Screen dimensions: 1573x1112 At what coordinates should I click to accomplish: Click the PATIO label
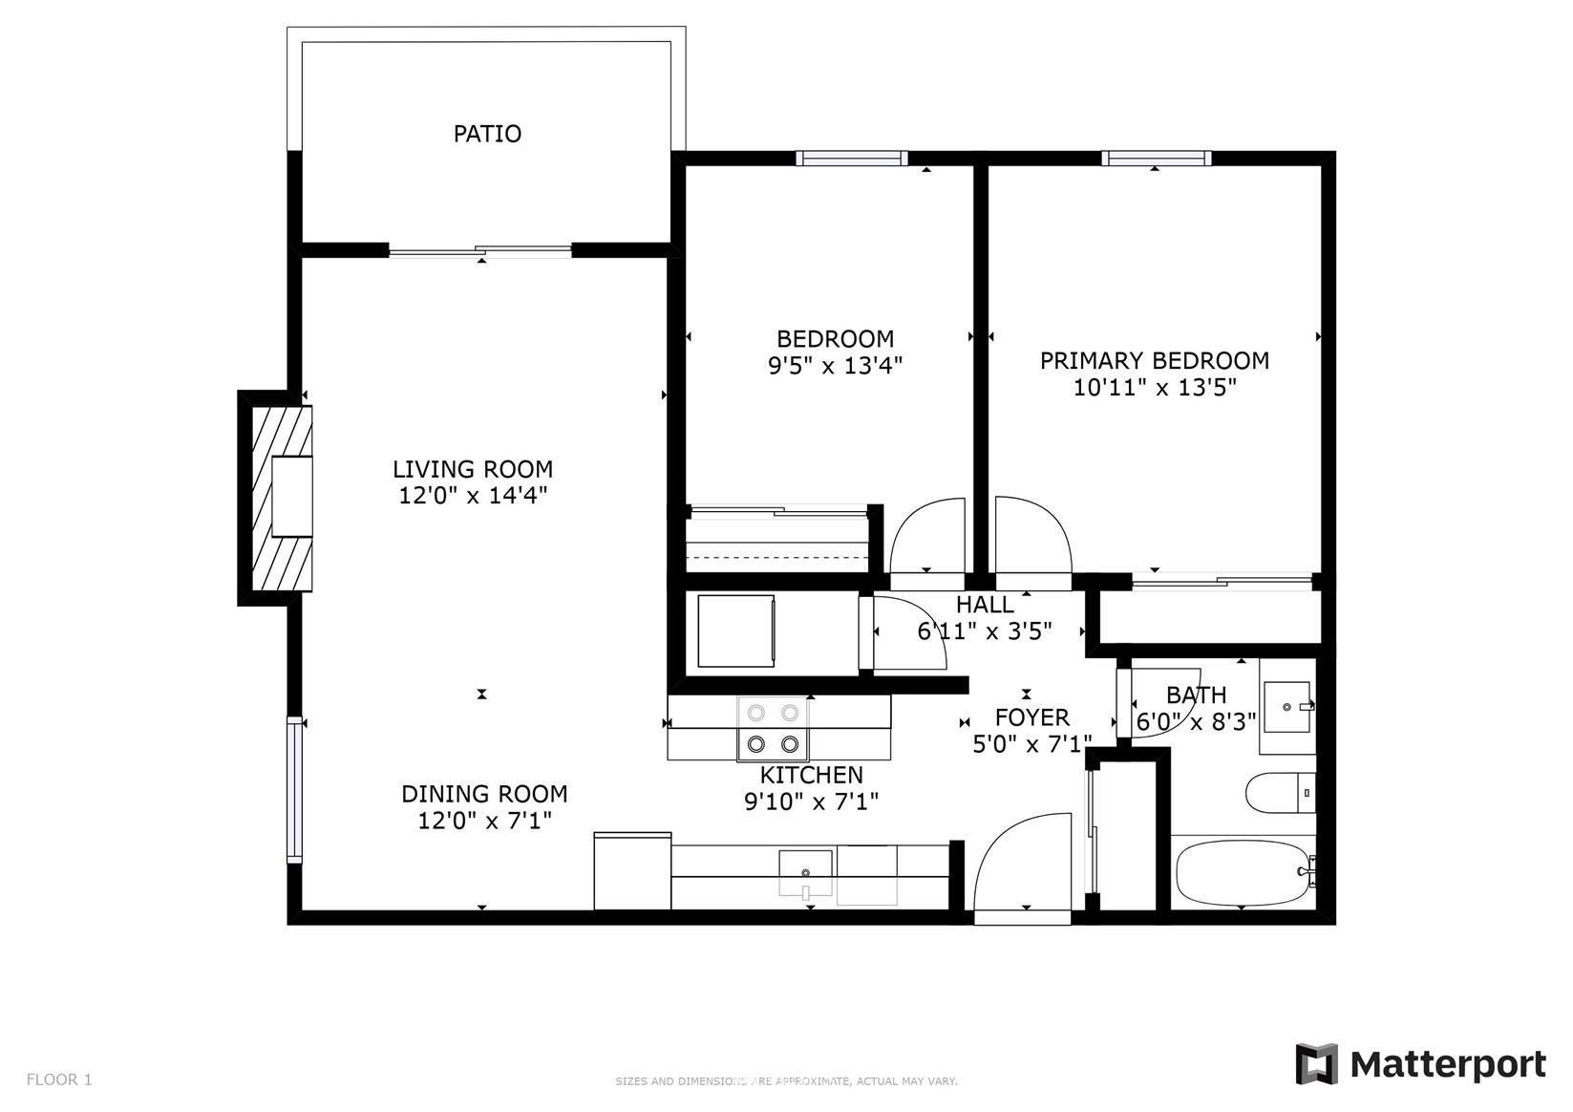point(487,134)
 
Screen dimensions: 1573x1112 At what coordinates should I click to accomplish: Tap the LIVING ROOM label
point(473,468)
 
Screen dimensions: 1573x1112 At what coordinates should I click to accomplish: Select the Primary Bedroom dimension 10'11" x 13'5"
point(1155,387)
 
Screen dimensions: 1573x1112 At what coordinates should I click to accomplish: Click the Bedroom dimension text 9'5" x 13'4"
point(835,365)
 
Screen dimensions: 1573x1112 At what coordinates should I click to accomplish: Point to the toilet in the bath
point(1280,793)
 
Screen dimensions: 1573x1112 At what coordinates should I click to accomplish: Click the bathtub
point(1243,873)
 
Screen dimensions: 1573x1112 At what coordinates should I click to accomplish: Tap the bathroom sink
point(1287,707)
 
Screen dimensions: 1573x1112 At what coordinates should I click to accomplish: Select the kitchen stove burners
point(773,729)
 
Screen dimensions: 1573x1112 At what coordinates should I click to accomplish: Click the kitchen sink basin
point(805,873)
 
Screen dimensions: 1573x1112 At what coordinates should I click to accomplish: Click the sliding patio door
point(480,250)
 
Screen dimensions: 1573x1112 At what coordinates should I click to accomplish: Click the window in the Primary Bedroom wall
point(1156,158)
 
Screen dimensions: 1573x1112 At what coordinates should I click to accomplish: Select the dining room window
point(295,789)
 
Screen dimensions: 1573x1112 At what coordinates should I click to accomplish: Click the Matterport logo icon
point(1316,1064)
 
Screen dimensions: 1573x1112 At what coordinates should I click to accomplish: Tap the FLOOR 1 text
point(59,1080)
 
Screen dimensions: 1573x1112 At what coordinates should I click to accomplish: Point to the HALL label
point(985,604)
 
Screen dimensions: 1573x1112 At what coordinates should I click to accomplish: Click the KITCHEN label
point(811,775)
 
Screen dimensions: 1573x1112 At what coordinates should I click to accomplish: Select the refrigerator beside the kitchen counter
point(632,871)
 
